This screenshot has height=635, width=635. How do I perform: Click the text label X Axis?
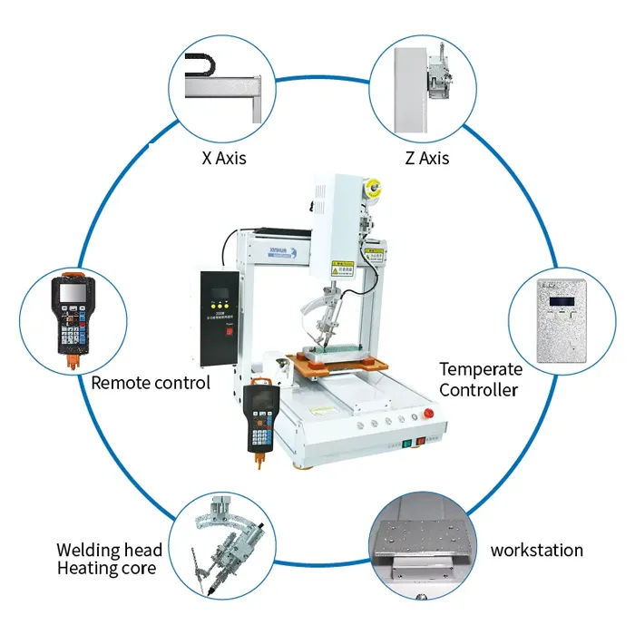click(223, 158)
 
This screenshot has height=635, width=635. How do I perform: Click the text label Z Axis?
click(426, 158)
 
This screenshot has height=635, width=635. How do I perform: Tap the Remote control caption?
click(151, 383)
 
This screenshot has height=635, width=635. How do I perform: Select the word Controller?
click(479, 390)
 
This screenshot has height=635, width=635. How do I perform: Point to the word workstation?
click(537, 550)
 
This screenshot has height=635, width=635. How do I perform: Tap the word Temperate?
click(481, 369)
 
